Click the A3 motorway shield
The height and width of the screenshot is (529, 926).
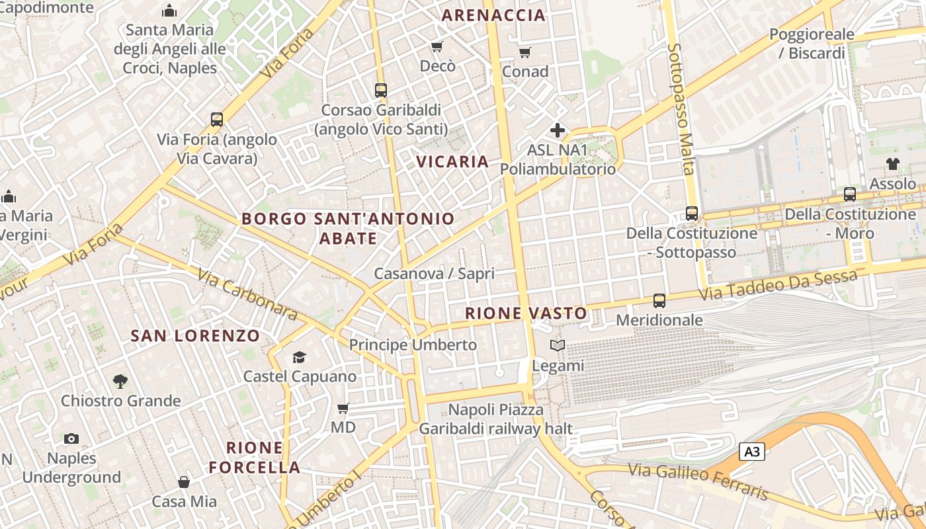[751, 452]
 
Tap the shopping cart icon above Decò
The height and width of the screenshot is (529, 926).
[437, 46]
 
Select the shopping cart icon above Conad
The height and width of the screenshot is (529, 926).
[525, 52]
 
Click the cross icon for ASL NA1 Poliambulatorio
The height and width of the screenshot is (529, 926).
[558, 130]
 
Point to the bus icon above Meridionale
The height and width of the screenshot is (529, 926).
[659, 301]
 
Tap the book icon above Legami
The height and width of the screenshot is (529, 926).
[558, 346]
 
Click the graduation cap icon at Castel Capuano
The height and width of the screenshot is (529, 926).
[300, 358]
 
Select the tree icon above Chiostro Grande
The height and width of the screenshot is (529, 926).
[120, 381]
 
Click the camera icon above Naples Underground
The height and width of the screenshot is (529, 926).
[71, 438]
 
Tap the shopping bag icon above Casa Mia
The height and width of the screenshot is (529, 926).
[184, 482]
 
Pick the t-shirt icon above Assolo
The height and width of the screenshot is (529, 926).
[893, 164]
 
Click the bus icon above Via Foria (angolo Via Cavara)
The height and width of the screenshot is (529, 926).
[217, 120]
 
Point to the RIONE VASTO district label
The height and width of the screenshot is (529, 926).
[526, 313]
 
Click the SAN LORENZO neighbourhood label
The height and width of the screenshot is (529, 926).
[195, 336]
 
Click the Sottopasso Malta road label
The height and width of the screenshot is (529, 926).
[681, 109]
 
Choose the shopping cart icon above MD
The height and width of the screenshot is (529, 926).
[343, 408]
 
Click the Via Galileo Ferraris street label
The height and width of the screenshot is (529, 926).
[698, 481]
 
